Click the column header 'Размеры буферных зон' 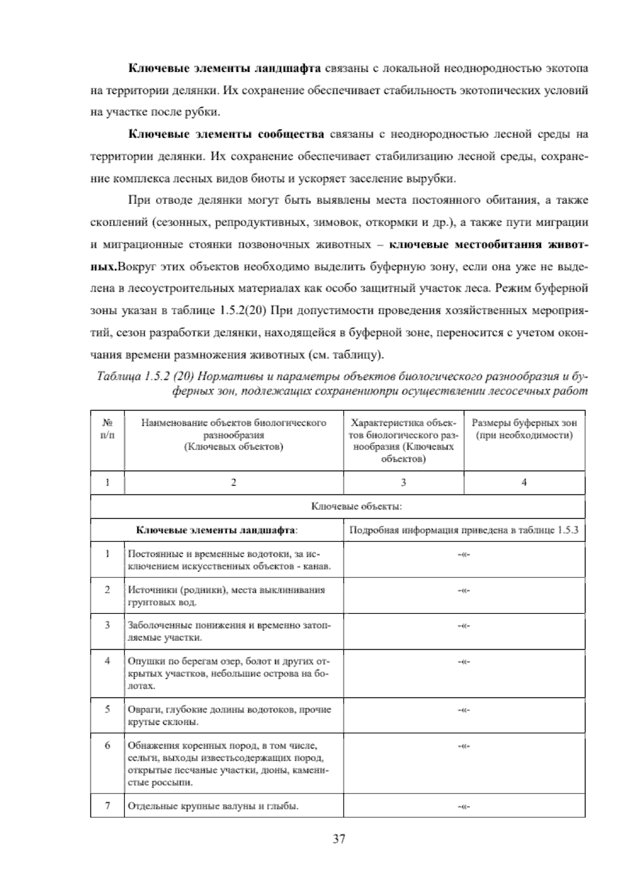[x=524, y=423]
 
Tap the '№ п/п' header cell [x=107, y=429]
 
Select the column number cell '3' [x=403, y=482]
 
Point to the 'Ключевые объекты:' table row [x=357, y=507]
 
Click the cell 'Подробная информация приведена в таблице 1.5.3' [x=464, y=530]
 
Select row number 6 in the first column [x=107, y=745]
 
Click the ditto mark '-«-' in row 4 [x=463, y=661]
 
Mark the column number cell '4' [x=524, y=482]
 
